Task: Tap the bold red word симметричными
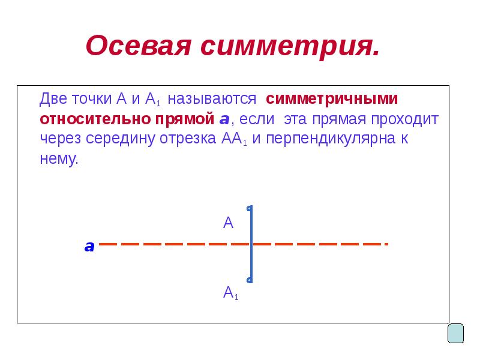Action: click(x=332, y=98)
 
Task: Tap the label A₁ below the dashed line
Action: click(x=230, y=293)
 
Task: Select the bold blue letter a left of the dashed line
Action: click(x=89, y=246)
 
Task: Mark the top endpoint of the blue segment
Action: click(x=250, y=208)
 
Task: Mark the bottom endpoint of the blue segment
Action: click(x=250, y=280)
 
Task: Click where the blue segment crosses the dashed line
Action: click(x=251, y=244)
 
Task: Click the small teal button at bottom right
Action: click(x=456, y=333)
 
